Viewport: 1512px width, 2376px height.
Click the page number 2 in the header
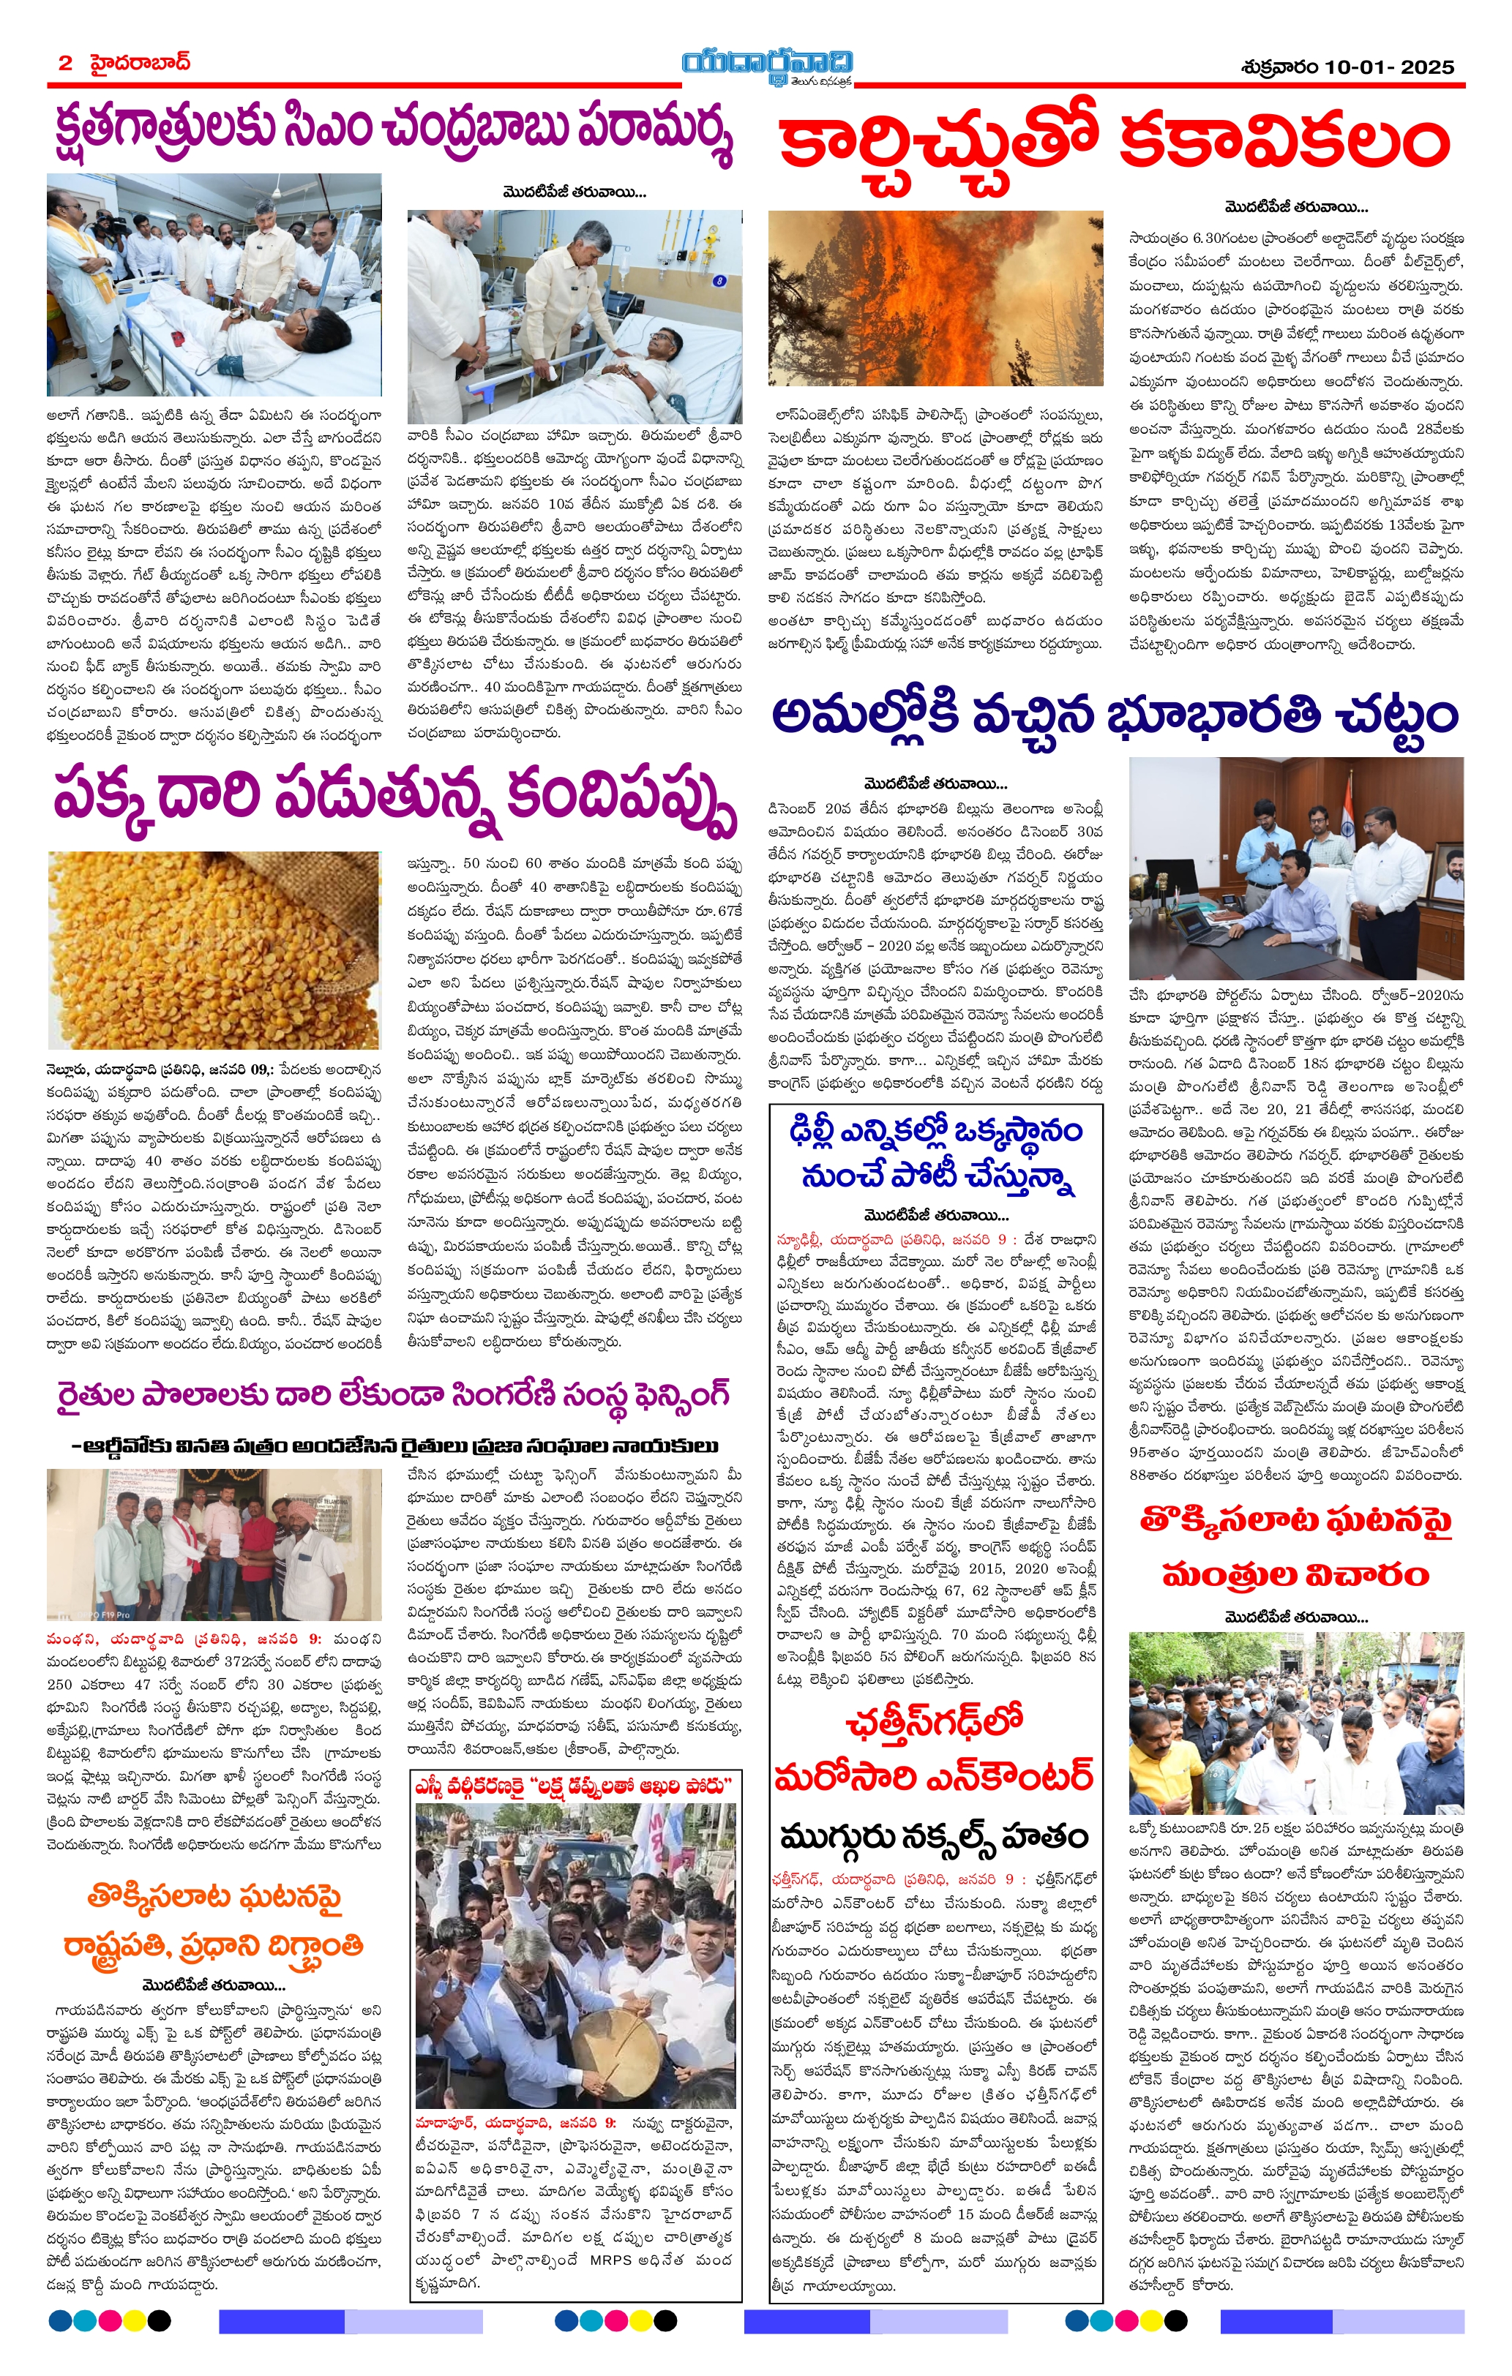coord(65,63)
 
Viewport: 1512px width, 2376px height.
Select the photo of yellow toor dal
coord(213,950)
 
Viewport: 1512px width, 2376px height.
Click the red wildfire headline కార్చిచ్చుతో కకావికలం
coord(1115,143)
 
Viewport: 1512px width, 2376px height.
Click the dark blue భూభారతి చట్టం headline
coord(1115,715)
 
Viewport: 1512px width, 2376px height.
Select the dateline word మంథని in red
coord(69,1638)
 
